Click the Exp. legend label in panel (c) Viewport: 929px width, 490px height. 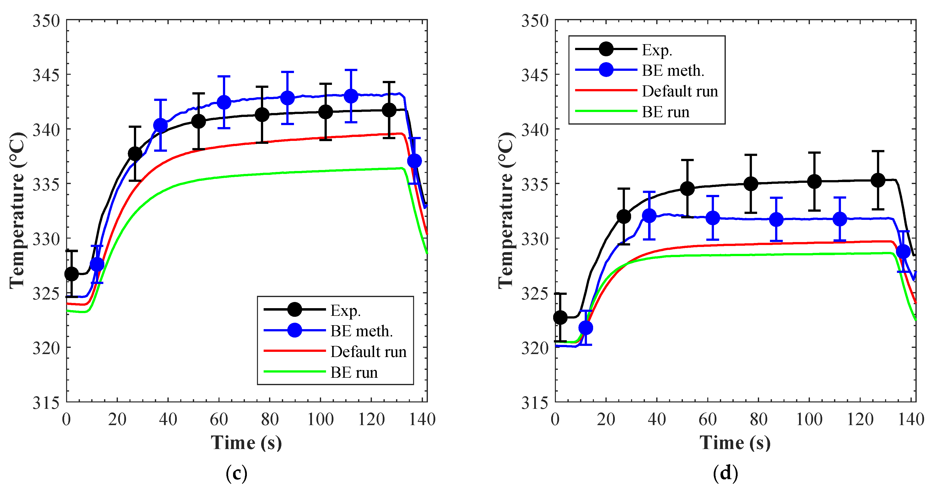[346, 311]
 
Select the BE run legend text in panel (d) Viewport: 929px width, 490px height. [665, 112]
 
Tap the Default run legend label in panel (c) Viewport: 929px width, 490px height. [368, 352]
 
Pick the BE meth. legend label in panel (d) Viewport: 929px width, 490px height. [673, 71]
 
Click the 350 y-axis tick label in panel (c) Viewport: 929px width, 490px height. [46, 21]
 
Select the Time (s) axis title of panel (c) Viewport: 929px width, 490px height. [246, 443]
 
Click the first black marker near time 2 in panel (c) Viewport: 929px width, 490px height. [72, 274]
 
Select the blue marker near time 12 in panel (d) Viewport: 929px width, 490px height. [586, 328]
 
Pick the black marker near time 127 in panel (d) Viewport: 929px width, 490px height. [878, 180]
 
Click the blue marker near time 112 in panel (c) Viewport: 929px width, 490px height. [351, 96]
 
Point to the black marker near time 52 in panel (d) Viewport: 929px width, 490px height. [687, 188]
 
